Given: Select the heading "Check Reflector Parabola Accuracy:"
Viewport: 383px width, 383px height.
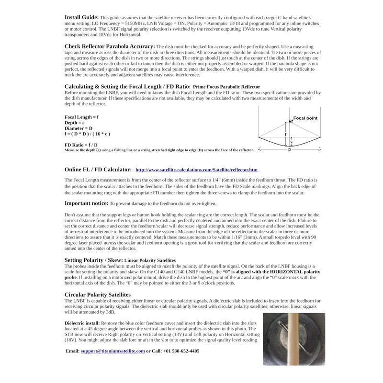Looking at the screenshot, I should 109,46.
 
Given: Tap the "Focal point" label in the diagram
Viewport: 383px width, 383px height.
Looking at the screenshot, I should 305,118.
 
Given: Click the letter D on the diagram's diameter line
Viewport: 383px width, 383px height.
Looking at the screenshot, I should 289,150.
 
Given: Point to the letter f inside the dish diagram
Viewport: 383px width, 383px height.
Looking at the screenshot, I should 286,135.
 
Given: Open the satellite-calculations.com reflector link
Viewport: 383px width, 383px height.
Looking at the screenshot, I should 196,170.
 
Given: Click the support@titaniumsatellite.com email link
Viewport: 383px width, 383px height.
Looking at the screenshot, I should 113,351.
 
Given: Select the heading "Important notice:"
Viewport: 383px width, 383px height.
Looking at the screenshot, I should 83,203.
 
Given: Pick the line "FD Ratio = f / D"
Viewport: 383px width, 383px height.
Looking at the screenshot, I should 81,145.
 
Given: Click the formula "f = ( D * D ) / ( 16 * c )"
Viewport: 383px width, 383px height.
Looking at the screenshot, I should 87,135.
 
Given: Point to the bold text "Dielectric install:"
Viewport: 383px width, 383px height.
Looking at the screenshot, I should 82,323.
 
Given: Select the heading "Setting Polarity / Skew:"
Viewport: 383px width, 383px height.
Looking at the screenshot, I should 94,260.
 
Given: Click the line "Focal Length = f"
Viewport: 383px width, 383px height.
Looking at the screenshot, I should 81,117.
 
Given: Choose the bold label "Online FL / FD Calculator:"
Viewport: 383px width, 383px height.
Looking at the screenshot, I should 98,169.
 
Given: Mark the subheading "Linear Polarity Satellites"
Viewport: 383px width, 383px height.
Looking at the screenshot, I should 150,261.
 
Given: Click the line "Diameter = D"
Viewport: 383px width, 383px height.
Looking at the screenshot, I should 78,129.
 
